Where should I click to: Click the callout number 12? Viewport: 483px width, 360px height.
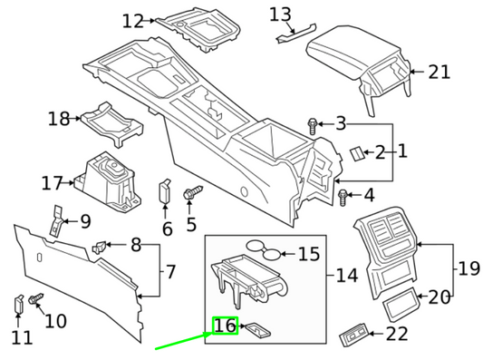click(133, 20)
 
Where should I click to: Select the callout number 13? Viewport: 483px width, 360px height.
click(281, 14)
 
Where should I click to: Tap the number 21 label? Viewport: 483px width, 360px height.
click(439, 72)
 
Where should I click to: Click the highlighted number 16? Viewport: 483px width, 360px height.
click(224, 326)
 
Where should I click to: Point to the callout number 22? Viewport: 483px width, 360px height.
click(397, 334)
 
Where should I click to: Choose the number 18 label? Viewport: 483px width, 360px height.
click(59, 119)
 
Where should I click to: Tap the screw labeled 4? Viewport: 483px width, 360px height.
click(343, 194)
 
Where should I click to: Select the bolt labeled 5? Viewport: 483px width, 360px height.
click(193, 192)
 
